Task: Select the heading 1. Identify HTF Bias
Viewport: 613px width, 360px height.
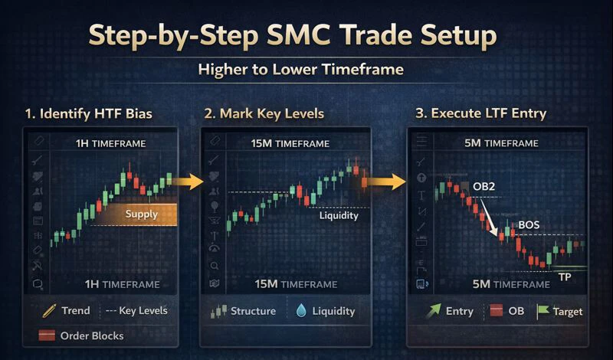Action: [88, 114]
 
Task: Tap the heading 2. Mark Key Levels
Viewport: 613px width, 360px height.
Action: [264, 114]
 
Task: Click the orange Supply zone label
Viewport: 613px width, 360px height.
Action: [141, 214]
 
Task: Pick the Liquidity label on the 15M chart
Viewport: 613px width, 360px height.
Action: [338, 215]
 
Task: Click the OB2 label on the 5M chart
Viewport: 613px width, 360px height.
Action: [481, 188]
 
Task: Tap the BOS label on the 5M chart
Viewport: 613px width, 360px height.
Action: [529, 224]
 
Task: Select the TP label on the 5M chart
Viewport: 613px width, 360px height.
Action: [564, 277]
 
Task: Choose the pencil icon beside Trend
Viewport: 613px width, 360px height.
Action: [51, 311]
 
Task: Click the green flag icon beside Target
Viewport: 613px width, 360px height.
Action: [543, 311]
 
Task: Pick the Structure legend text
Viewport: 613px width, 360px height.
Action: [253, 311]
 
